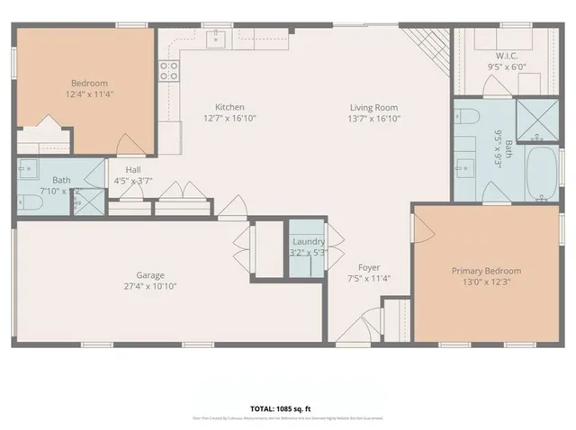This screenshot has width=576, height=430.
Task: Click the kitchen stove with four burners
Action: coord(168,72)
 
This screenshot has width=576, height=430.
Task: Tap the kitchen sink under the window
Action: coord(217,38)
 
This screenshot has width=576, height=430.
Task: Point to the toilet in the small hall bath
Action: coord(27,203)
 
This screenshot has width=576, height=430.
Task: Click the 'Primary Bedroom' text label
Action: coord(486,270)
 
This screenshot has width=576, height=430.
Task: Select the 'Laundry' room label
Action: coord(307,242)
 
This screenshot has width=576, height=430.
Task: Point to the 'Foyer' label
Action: coord(368,267)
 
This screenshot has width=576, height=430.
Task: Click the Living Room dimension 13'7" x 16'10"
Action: coord(374,119)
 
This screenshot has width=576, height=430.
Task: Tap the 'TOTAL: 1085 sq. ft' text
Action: coord(287,408)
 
